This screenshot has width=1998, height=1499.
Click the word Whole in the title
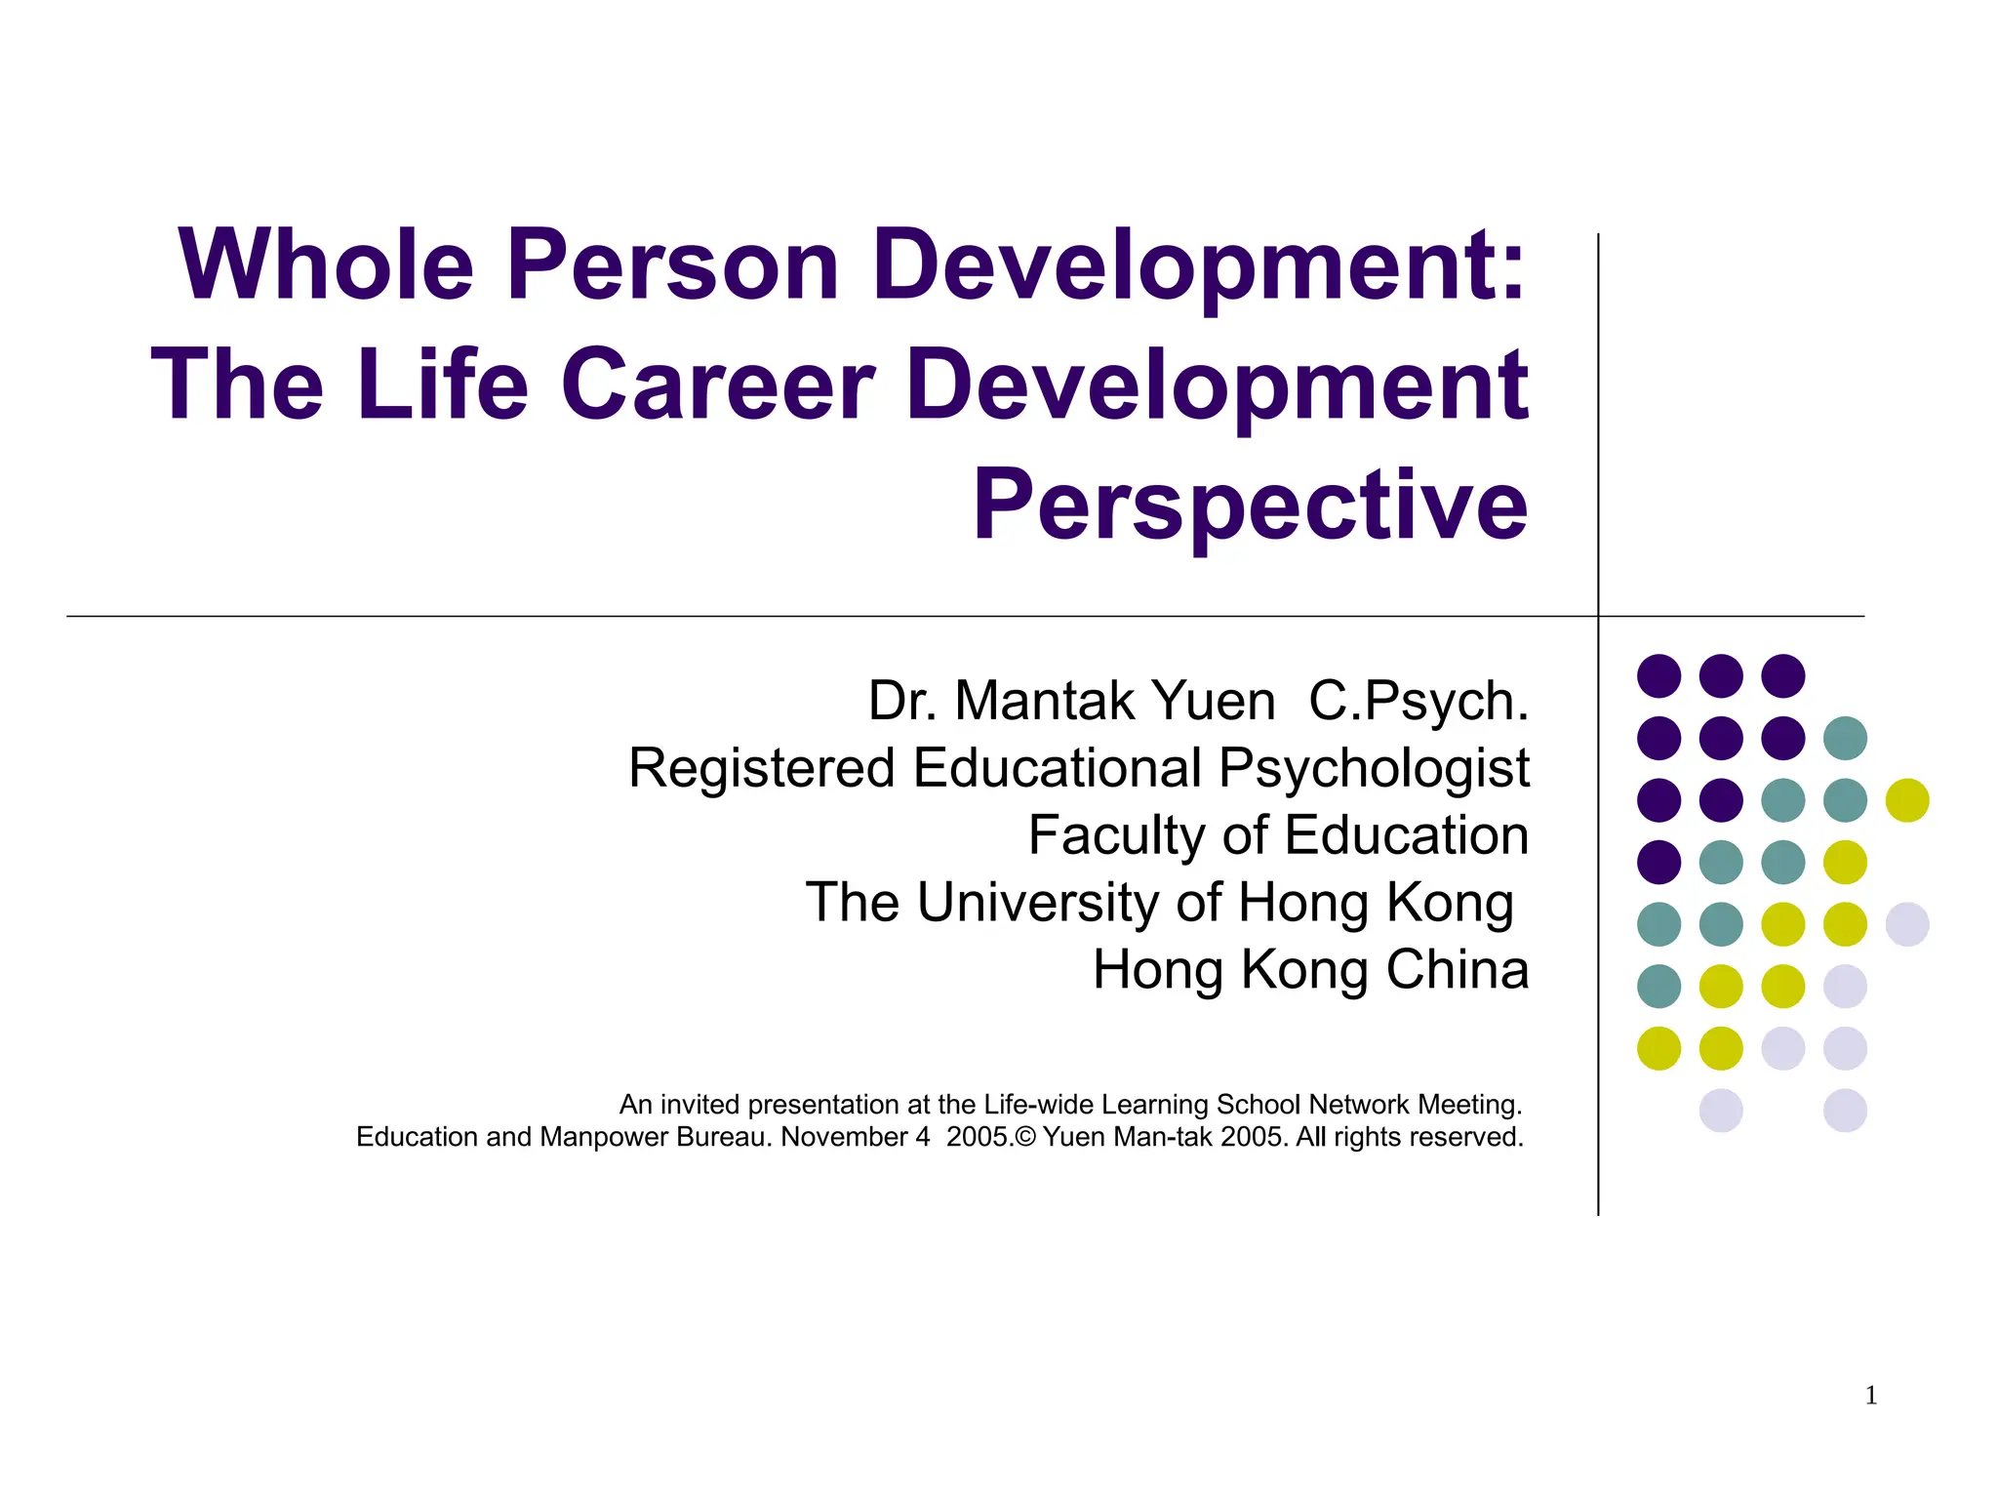(x=326, y=264)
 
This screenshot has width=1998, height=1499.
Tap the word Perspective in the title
(x=1250, y=505)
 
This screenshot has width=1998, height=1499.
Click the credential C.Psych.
(x=1419, y=701)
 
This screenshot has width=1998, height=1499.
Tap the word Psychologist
(x=1374, y=768)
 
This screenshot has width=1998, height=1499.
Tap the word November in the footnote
(x=845, y=1137)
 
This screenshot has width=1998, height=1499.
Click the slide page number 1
(x=1870, y=1396)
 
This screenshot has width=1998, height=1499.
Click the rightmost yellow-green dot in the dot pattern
(x=1907, y=800)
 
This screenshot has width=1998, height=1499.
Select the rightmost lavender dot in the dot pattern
(x=1907, y=924)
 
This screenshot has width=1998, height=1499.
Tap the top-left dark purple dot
(x=1658, y=675)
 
